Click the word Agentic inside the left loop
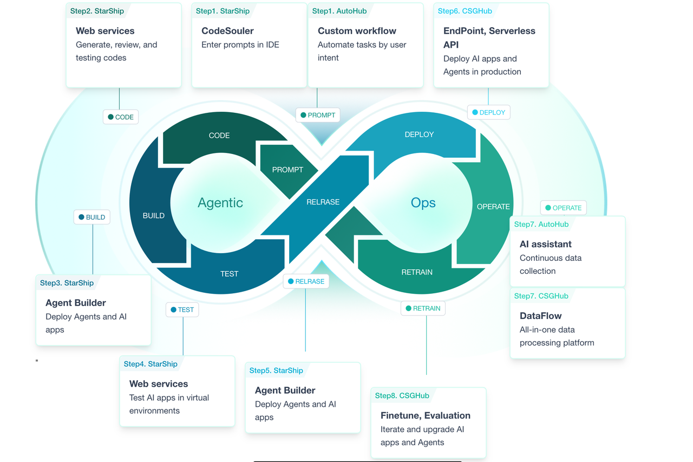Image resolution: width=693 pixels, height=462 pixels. click(220, 203)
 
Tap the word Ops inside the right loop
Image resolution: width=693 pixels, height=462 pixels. click(423, 203)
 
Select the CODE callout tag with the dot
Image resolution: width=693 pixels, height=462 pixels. click(121, 117)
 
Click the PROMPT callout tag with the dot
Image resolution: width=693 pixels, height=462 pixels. click(318, 115)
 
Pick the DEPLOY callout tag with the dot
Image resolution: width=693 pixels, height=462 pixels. click(488, 112)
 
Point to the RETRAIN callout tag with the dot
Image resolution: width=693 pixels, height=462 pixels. click(423, 309)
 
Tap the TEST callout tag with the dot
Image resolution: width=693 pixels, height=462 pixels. click(182, 310)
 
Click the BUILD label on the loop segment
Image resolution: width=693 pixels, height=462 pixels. click(154, 216)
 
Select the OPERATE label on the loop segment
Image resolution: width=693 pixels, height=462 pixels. click(493, 207)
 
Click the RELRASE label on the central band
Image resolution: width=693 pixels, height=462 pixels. click(323, 202)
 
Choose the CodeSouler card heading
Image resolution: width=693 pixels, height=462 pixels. click(227, 31)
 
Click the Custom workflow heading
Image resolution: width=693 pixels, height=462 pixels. click(357, 31)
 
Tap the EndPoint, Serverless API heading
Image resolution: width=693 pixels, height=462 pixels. click(489, 37)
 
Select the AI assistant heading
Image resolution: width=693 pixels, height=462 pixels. click(546, 244)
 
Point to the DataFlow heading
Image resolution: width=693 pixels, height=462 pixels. click(540, 316)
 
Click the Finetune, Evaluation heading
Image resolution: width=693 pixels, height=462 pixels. click(426, 415)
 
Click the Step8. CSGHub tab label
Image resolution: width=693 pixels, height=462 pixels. click(402, 396)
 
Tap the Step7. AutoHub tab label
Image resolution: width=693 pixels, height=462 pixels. click(541, 224)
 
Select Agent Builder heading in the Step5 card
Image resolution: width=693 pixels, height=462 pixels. click(285, 390)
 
